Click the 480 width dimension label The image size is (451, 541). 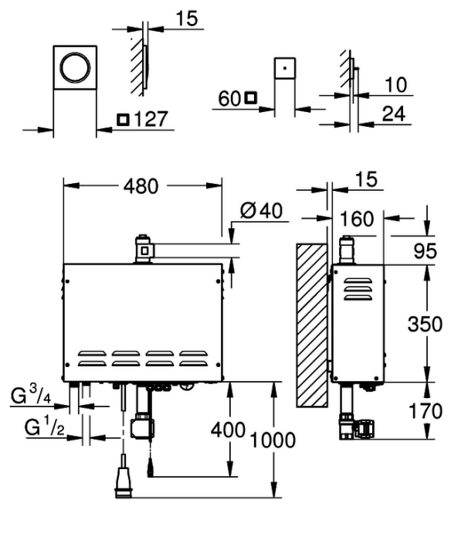pyautogui.click(x=141, y=186)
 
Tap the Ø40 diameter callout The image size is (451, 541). pyautogui.click(x=261, y=210)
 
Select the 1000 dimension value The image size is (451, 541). pyautogui.click(x=273, y=441)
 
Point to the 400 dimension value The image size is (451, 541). pyautogui.click(x=228, y=430)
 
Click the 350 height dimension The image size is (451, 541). pyautogui.click(x=425, y=325)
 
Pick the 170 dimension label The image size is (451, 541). pyautogui.click(x=426, y=411)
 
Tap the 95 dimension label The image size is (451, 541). pyautogui.click(x=426, y=251)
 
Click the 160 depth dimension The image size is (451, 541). pyautogui.click(x=357, y=219)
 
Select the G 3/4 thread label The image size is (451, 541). pyautogui.click(x=31, y=395)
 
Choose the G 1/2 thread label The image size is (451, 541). pyautogui.click(x=45, y=427)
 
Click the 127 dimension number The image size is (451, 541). pyautogui.click(x=151, y=119)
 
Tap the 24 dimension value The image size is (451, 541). pyautogui.click(x=393, y=114)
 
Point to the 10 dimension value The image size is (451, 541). pyautogui.click(x=396, y=85)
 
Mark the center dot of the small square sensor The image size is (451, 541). pyautogui.click(x=284, y=68)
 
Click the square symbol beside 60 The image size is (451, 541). pyautogui.click(x=251, y=97)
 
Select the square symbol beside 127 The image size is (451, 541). pyautogui.click(x=123, y=120)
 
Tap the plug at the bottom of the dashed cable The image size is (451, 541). pyautogui.click(x=123, y=477)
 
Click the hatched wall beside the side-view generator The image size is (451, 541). pyautogui.click(x=312, y=325)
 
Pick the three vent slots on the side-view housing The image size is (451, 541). pyautogui.click(x=358, y=289)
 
